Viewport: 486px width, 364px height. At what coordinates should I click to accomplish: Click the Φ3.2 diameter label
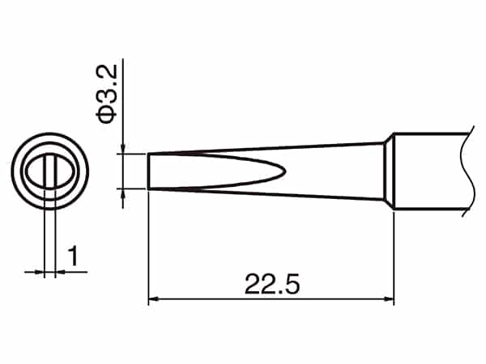(107, 94)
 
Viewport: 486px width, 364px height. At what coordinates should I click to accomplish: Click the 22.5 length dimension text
(272, 284)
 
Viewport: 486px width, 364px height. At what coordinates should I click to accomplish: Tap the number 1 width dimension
(73, 256)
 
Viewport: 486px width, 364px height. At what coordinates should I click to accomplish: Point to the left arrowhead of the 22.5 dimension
(153, 299)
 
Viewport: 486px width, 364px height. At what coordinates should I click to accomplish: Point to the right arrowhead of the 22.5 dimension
(389, 299)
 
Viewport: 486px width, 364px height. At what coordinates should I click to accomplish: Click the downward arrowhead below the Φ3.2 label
(123, 148)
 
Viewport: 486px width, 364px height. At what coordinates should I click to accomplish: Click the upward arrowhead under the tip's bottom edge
(123, 193)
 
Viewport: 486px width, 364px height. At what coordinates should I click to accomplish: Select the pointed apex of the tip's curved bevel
(284, 171)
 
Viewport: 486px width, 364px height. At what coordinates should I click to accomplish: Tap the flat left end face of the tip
(148, 171)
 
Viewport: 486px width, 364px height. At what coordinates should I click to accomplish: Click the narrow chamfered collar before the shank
(389, 171)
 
